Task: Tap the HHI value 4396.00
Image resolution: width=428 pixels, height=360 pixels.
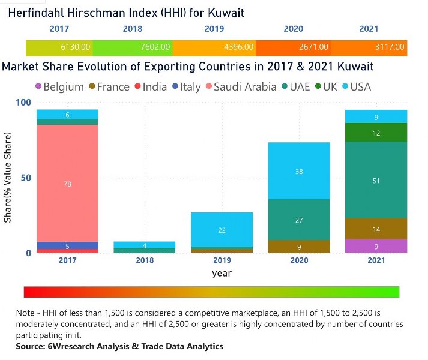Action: tap(239, 47)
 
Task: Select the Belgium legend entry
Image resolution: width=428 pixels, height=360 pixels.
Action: tap(59, 87)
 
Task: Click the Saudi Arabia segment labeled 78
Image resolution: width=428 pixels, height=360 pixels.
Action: tap(67, 184)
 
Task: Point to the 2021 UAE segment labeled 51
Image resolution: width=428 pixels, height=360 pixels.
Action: tap(376, 180)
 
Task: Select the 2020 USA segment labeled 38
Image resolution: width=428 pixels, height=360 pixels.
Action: tap(299, 171)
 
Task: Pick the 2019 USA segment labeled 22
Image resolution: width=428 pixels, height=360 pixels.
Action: tap(222, 230)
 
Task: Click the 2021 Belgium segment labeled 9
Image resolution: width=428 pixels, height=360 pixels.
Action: tap(376, 246)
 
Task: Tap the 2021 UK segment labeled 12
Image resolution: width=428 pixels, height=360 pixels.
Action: tap(376, 133)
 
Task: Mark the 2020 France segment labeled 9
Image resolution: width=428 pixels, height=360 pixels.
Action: tap(299, 247)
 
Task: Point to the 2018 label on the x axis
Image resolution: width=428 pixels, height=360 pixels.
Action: tap(144, 261)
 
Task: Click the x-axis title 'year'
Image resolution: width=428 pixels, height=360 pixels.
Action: tap(222, 273)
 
